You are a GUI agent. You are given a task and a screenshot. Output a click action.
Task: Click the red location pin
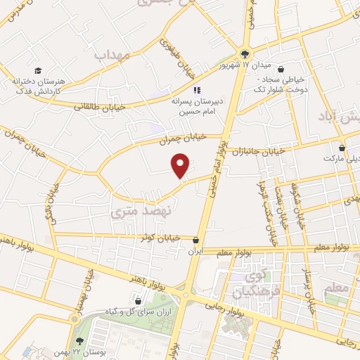point(181,165)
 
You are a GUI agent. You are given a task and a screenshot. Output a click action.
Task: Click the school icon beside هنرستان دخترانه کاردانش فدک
point(39,70)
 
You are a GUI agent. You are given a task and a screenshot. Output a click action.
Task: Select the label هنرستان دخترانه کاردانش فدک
point(38,86)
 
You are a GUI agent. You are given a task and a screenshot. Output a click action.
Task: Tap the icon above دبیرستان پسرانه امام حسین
point(197,90)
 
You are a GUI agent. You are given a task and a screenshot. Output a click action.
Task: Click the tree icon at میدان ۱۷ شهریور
point(244,53)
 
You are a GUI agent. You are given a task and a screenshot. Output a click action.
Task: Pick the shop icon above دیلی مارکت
point(342,148)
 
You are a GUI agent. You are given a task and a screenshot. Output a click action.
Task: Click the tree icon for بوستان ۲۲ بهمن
point(74,320)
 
